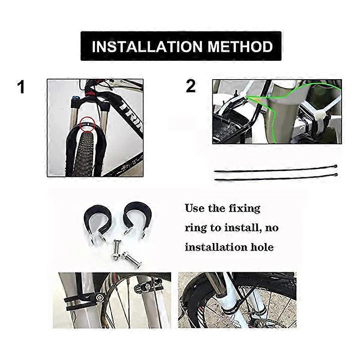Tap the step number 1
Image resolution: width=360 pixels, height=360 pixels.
coord(21,87)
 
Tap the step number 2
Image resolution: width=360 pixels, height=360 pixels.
coord(191,86)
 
